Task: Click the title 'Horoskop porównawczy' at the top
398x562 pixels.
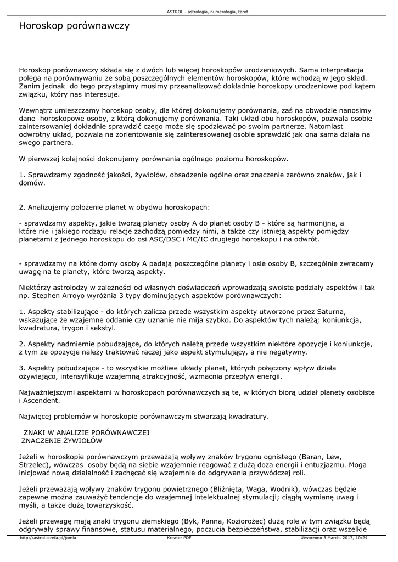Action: (x=74, y=26)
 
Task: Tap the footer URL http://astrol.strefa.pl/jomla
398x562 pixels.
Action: (x=48, y=538)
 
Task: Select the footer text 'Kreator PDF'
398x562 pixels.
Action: (x=178, y=538)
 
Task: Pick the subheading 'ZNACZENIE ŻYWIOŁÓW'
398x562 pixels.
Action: (x=61, y=440)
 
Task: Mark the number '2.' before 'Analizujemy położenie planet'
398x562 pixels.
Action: (x=23, y=207)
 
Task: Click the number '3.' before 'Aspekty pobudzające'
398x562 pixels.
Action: (x=23, y=368)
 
